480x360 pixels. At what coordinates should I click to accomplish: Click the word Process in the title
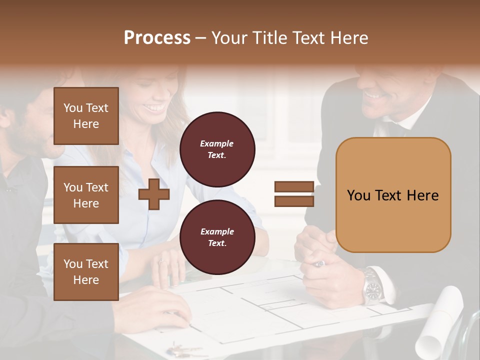[157, 38]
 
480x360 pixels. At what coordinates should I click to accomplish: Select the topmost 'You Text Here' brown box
[86, 116]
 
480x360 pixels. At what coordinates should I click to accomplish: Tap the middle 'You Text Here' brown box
[86, 195]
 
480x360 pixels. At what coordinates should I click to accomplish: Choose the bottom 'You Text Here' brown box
[86, 272]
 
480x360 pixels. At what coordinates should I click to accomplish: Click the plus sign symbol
[154, 194]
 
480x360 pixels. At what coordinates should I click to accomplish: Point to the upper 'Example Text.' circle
[217, 149]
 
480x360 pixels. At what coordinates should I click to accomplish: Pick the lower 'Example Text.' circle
[217, 237]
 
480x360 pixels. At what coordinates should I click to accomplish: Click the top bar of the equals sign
[294, 187]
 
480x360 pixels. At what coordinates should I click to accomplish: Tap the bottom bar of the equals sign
[294, 201]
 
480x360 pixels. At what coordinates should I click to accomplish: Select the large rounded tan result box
[393, 195]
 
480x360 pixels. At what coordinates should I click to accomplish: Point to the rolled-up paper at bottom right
[440, 320]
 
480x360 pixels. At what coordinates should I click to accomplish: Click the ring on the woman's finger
[162, 261]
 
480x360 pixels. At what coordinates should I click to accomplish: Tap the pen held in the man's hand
[318, 263]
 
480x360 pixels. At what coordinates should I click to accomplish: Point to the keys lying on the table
[182, 348]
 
